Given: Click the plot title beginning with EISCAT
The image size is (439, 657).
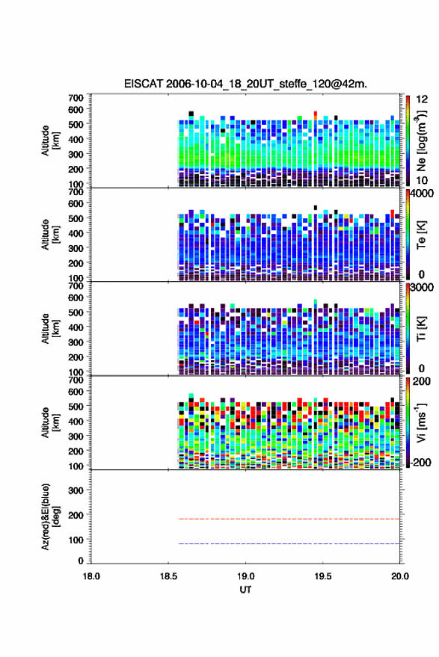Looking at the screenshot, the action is [x=245, y=84].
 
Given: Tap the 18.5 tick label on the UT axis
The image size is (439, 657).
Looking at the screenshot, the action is [x=168, y=576].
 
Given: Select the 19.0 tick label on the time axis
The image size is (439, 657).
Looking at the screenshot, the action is [x=245, y=576].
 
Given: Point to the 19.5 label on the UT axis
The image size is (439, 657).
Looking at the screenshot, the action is [x=322, y=576].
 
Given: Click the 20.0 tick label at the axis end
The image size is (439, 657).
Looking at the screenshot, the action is [x=399, y=576].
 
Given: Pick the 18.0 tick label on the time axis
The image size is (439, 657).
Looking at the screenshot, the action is [x=91, y=576].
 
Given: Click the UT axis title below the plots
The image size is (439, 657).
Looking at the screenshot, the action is [x=245, y=590].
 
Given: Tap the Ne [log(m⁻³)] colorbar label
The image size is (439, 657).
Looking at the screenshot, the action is [x=421, y=141].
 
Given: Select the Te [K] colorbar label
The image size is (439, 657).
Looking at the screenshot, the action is [x=421, y=235].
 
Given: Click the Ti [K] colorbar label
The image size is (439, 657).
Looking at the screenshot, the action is [x=421, y=329].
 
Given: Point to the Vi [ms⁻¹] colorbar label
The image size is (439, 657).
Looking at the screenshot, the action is [x=421, y=422].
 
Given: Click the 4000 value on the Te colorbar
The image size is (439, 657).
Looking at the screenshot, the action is [x=422, y=194].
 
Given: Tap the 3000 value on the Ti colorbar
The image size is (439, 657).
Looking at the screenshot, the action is [x=422, y=289].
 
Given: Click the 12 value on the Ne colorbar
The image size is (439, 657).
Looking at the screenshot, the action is [x=423, y=99].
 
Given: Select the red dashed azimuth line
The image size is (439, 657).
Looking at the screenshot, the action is [x=289, y=519].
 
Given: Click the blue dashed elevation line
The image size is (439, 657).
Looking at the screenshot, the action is [x=289, y=543].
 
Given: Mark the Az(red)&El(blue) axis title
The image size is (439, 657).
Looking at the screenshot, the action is [x=50, y=516].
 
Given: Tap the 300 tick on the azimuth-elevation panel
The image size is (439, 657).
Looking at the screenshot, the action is [x=76, y=490].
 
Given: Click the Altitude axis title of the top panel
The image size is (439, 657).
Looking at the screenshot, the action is [x=50, y=141].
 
